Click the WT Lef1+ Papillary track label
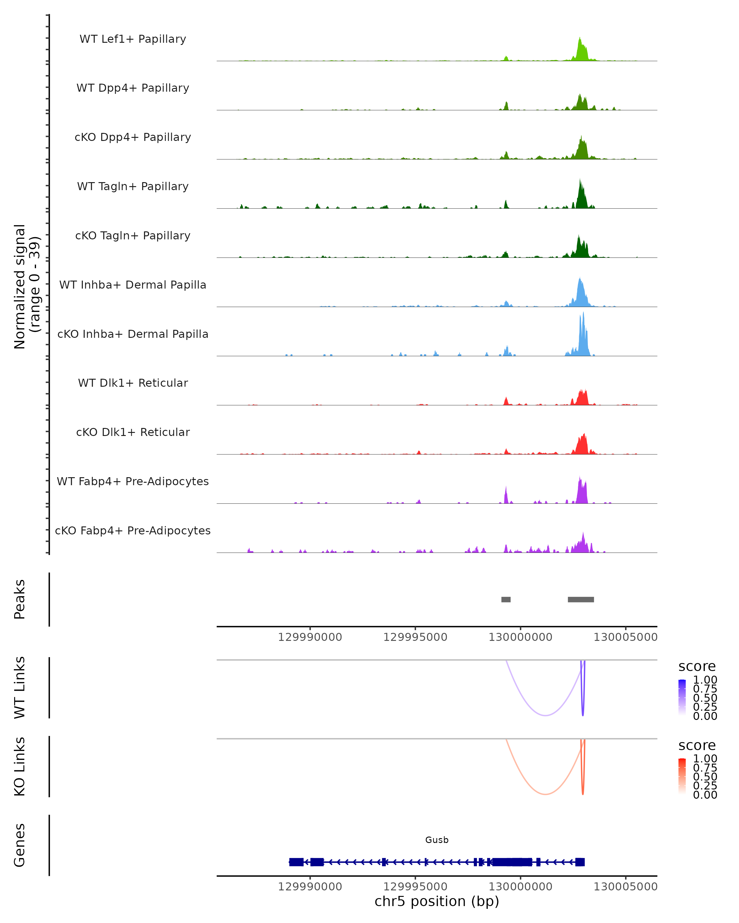pos(133,39)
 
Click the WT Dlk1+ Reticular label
pos(133,383)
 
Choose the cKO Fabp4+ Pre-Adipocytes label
pos(133,530)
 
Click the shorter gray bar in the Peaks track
pos(506,599)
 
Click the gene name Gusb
pos(437,840)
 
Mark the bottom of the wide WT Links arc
pos(545,715)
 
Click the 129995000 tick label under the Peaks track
pos(415,637)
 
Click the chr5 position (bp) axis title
pos(437,901)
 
